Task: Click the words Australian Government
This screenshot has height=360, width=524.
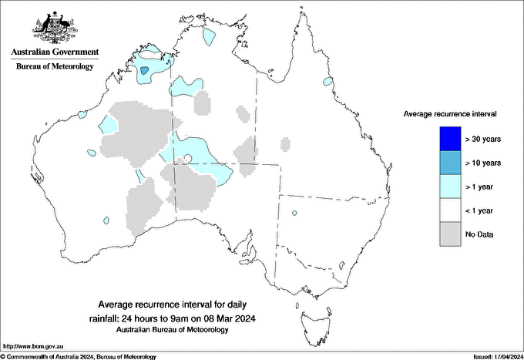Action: point(54,52)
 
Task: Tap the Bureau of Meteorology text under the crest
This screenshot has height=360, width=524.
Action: point(55,66)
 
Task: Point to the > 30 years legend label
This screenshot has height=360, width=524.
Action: point(483,139)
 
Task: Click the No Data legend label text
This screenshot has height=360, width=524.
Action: point(480,234)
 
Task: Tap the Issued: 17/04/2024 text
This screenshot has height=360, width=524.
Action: point(492,356)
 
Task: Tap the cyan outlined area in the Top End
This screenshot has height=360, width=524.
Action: point(208,35)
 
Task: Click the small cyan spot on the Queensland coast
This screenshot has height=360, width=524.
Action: point(328,81)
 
